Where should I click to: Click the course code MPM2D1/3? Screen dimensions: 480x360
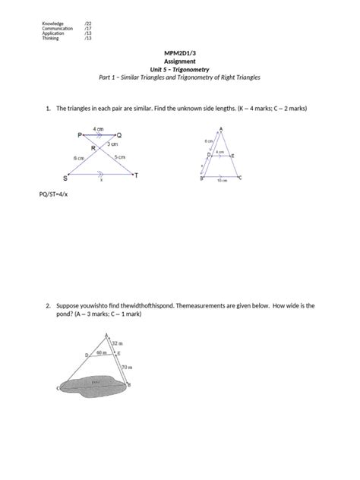180,52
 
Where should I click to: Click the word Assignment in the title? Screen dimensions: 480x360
180,61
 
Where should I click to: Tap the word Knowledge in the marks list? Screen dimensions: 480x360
53,24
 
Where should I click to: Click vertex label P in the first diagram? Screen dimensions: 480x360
79,134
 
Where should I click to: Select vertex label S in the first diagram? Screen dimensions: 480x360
65,178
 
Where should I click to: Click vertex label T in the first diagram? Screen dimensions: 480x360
136,176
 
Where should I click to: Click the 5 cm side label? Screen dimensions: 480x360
119,157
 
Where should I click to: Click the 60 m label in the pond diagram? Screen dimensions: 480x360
102,353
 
